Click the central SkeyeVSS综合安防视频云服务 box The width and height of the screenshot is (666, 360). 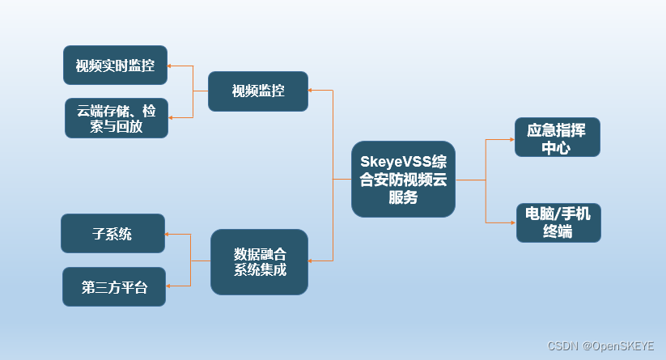[403, 179]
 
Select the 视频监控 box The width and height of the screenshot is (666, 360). [257, 91]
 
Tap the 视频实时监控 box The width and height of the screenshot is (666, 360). [115, 66]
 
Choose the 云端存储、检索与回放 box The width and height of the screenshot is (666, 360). [116, 118]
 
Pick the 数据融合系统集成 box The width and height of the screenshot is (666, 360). [259, 261]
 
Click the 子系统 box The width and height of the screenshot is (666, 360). [112, 234]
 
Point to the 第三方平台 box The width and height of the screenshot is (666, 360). [113, 286]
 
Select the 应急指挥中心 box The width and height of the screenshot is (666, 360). [556, 138]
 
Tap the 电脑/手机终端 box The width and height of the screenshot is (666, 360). [558, 222]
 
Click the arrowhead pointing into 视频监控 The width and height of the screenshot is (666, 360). [312, 91]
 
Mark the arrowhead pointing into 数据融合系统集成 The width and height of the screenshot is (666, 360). [312, 260]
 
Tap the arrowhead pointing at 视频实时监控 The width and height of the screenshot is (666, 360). [171, 65]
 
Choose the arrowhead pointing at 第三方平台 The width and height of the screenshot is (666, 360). [168, 286]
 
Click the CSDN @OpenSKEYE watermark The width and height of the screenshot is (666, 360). [600, 345]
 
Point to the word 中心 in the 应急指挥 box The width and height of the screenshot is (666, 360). [556, 147]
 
